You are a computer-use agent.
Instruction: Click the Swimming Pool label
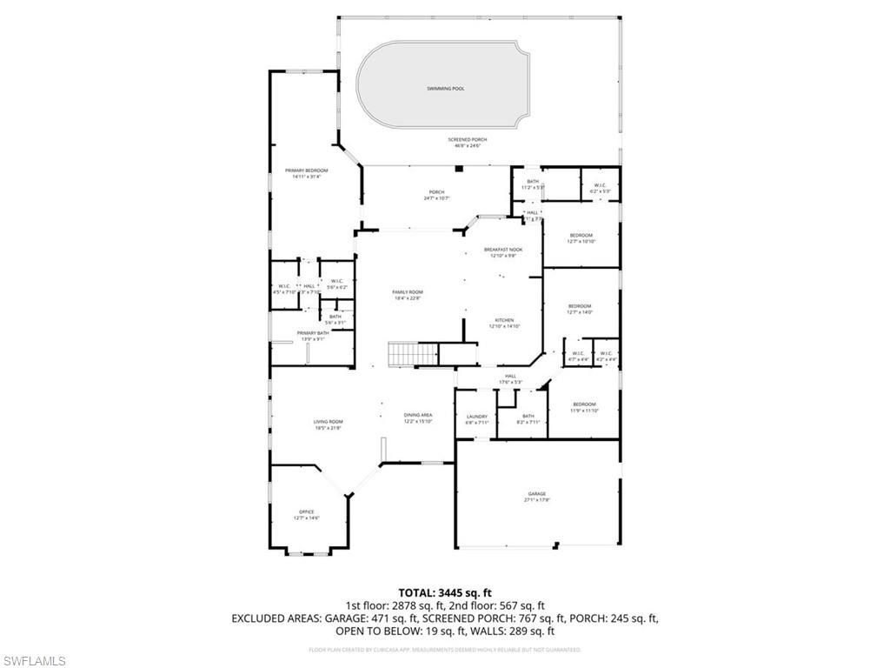tap(445, 89)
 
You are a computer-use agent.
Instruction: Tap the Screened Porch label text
tap(468, 142)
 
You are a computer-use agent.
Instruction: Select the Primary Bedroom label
tap(306, 173)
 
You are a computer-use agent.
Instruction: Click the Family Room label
tap(407, 295)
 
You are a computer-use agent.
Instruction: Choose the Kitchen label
tap(503, 323)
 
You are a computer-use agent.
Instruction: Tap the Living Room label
tap(328, 424)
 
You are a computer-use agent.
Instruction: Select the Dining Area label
tap(417, 417)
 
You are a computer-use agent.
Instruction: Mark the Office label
tap(306, 514)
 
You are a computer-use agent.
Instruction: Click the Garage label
tap(536, 497)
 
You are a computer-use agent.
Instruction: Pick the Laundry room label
tap(476, 419)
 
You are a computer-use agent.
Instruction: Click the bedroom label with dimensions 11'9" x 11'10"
tap(584, 407)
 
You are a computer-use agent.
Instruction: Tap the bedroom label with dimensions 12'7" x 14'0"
tap(580, 309)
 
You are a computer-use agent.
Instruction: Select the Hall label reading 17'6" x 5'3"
tap(510, 378)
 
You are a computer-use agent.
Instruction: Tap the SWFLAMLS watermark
tap(34, 661)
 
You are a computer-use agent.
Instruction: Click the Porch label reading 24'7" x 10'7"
tap(436, 195)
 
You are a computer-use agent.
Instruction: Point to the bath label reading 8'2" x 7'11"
tap(528, 419)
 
